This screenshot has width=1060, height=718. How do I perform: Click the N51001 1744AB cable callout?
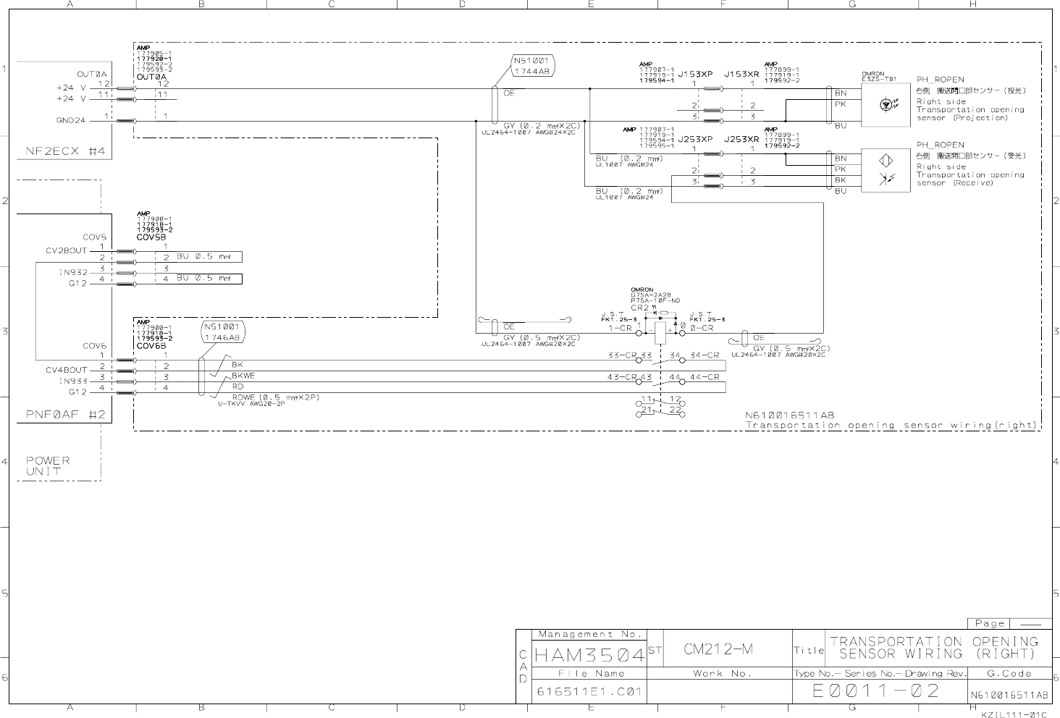click(x=534, y=66)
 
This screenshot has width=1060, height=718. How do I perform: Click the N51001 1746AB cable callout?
click(x=223, y=332)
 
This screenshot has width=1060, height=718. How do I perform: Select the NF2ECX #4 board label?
click(x=66, y=151)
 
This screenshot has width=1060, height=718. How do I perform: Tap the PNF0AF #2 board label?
click(x=66, y=415)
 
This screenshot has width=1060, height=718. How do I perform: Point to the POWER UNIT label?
click(x=48, y=465)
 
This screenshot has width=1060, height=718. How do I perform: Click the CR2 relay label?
click(x=639, y=308)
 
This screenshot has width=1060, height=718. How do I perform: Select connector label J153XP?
click(x=695, y=74)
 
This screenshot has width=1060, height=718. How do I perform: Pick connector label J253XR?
click(x=741, y=139)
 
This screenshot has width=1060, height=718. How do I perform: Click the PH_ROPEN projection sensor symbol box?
click(x=886, y=105)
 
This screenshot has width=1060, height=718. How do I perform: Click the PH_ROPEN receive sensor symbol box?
click(x=886, y=170)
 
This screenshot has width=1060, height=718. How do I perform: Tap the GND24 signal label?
click(x=70, y=120)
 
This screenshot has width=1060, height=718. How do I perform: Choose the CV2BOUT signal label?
click(x=66, y=250)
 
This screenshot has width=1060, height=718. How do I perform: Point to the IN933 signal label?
click(x=73, y=381)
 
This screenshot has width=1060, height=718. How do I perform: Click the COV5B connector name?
click(x=151, y=237)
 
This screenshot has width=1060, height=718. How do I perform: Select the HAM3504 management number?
click(x=589, y=656)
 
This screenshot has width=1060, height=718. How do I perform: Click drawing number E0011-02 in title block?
click(x=876, y=690)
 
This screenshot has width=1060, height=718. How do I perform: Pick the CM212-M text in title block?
click(x=718, y=649)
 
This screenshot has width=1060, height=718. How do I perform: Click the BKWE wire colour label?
click(x=243, y=376)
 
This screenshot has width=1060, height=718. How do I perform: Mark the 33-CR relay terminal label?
click(x=620, y=355)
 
